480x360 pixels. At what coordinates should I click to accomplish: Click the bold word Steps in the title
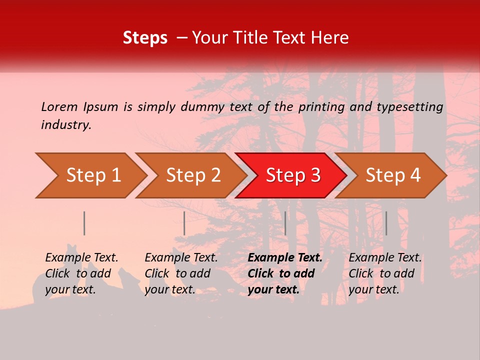tap(145, 38)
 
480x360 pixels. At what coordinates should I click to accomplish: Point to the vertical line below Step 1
tap(84, 223)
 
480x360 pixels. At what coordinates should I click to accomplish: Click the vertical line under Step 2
tap(184, 223)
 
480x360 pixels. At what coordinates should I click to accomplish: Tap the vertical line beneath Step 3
tap(285, 223)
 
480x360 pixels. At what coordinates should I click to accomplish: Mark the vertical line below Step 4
tap(386, 223)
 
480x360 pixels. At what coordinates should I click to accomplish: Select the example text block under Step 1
tap(82, 273)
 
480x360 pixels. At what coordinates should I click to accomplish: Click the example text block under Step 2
tap(181, 273)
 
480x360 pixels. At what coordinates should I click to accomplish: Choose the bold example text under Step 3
tap(285, 273)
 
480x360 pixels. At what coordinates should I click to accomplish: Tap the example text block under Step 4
tap(385, 273)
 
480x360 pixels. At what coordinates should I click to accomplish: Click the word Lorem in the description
tap(59, 107)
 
